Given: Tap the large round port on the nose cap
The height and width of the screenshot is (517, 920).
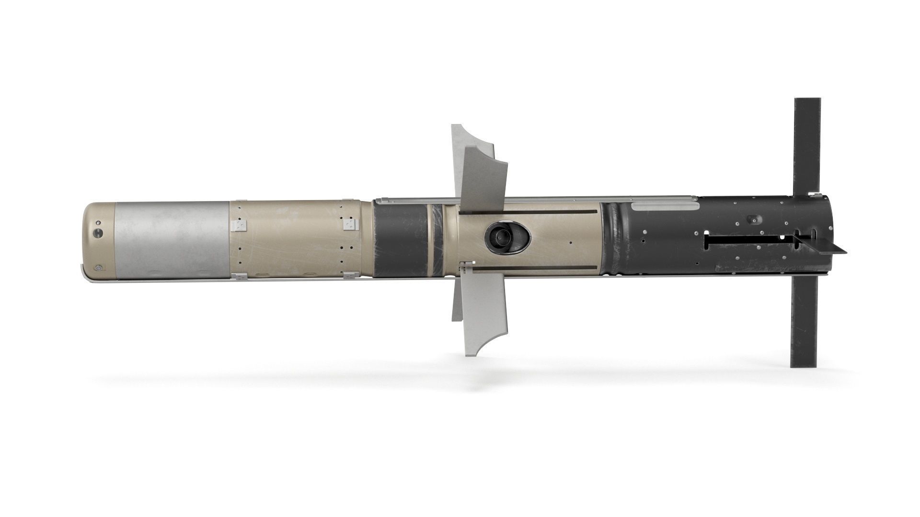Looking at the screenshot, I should pos(98,233).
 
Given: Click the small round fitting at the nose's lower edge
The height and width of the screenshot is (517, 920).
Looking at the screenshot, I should pos(98,269).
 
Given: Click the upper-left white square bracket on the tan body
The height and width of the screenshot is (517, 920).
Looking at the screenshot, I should pos(238,225).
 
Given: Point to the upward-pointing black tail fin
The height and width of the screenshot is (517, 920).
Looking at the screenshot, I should pos(808,144).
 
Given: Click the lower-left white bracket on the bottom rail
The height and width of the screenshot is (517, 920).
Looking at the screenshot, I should pos(238,275).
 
